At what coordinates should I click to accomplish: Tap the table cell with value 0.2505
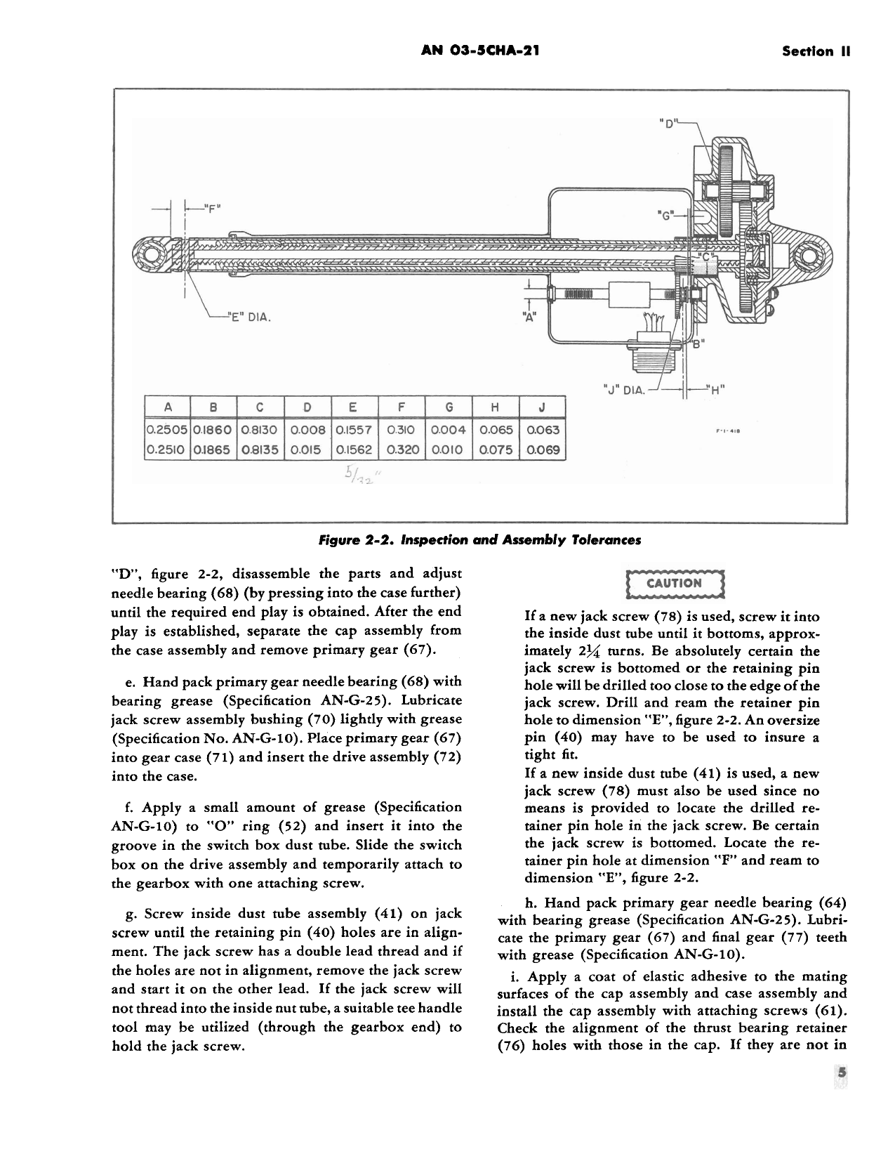[x=166, y=430]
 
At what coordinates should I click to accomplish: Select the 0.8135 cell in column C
[x=260, y=450]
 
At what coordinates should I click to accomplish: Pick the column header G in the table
[x=448, y=407]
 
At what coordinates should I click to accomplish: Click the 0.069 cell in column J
[x=543, y=450]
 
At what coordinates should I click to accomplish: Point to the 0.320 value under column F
[x=401, y=450]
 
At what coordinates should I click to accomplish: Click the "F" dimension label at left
[x=211, y=207]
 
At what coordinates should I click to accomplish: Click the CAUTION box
[x=674, y=583]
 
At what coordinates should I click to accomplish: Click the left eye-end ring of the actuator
[x=150, y=256]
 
